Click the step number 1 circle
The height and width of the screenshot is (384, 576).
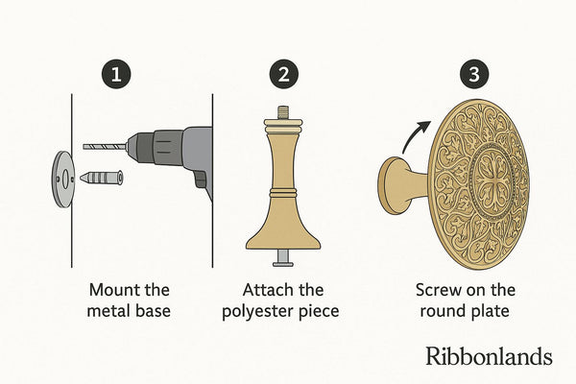[116, 74]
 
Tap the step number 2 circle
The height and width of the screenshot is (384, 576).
[283, 74]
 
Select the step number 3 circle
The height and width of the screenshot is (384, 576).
[474, 74]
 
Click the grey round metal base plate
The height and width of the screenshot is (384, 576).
[63, 180]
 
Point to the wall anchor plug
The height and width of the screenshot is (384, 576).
[101, 178]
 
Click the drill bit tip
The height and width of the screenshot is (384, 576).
[84, 147]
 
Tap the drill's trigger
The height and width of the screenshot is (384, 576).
[201, 180]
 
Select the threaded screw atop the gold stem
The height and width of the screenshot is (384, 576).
[282, 112]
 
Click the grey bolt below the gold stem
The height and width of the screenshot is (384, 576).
[283, 258]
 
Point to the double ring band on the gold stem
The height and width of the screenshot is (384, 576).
[282, 193]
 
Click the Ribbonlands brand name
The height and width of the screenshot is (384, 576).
[489, 356]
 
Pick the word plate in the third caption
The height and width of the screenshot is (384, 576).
[491, 312]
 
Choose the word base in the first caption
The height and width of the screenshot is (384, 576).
[154, 311]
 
